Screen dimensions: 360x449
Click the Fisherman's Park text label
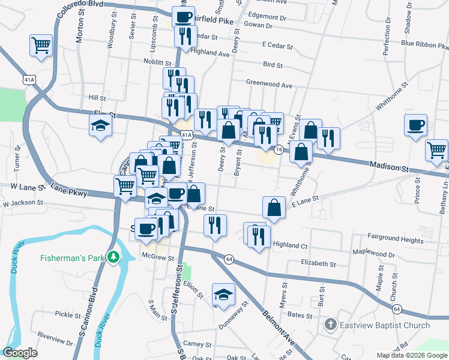tap(73, 259)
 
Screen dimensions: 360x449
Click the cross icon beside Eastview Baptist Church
tap(330, 325)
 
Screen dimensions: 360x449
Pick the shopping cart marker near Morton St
tap(41, 44)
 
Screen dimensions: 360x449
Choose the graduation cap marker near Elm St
tap(101, 125)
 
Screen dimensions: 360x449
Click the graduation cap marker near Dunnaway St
tap(223, 294)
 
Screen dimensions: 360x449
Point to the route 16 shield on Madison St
tap(279, 149)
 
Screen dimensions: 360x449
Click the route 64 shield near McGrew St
tap(229, 259)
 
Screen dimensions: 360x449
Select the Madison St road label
tap(388, 164)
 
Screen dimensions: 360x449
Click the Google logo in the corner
tap(20, 353)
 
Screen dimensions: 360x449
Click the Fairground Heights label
tap(396, 239)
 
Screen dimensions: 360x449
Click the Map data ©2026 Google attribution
tap(411, 355)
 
